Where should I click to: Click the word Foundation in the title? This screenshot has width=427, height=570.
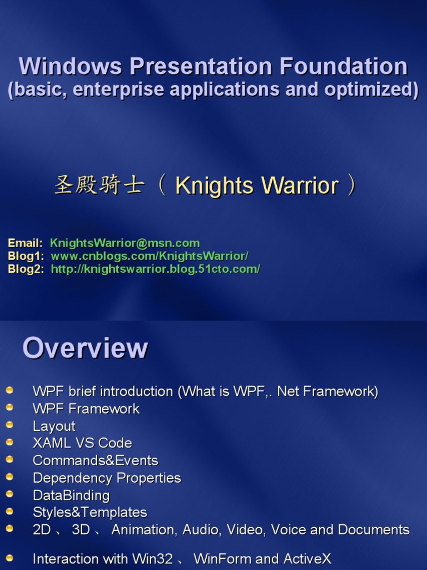coord(343,66)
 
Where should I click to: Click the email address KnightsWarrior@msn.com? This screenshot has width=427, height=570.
coord(125,243)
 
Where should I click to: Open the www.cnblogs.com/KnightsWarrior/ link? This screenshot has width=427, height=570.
coord(150,256)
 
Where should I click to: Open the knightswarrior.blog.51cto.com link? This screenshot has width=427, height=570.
coord(155,269)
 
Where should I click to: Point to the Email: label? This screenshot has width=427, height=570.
coord(25,243)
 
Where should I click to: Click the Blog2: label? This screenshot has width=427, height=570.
coord(26,269)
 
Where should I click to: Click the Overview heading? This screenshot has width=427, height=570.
coord(85,348)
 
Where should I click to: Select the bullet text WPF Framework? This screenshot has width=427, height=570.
coord(86,409)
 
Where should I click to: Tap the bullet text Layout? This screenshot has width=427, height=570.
coord(54,426)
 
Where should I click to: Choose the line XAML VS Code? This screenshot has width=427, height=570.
coord(82,443)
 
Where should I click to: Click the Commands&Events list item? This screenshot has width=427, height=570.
coord(95,460)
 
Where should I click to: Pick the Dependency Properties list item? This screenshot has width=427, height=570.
coord(107,478)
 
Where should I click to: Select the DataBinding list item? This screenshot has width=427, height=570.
coord(71,495)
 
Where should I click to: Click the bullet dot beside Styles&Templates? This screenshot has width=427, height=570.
coord(9,511)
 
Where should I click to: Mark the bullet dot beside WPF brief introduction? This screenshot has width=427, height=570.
coord(9,390)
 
